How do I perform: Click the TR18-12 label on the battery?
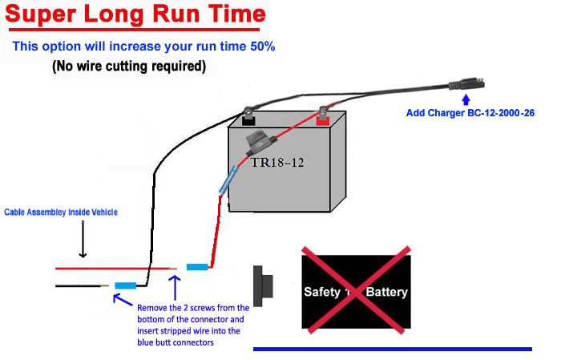(x=277, y=163)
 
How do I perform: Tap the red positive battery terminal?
(x=323, y=119)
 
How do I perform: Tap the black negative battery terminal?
(x=248, y=119)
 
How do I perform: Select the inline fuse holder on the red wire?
(x=260, y=143)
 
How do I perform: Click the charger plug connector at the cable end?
(x=466, y=85)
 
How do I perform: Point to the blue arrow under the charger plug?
(x=466, y=99)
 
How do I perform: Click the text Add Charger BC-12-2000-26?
(x=470, y=113)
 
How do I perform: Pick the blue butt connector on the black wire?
(x=125, y=285)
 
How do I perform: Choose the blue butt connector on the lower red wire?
(x=197, y=267)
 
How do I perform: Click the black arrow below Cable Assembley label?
(x=83, y=239)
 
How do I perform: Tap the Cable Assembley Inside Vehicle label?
(x=61, y=212)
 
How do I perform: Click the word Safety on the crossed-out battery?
(x=322, y=292)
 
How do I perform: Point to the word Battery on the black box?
(x=387, y=292)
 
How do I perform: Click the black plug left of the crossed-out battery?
(x=264, y=286)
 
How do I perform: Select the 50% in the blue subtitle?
(x=263, y=47)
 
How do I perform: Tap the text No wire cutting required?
(x=129, y=67)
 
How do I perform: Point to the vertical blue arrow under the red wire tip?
(x=175, y=288)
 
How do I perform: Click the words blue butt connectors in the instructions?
(x=176, y=342)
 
